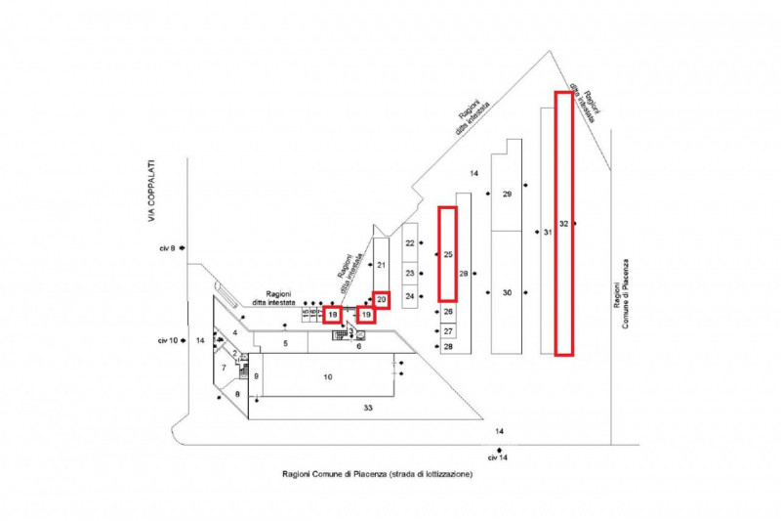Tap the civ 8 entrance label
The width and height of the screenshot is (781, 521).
coord(166,249)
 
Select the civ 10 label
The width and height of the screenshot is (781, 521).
coord(167,340)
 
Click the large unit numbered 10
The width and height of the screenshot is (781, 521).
coord(328,376)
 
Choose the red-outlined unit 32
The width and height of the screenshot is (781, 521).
coord(563,223)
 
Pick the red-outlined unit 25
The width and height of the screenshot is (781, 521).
coord(447,254)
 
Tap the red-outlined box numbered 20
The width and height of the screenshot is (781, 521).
coord(382,299)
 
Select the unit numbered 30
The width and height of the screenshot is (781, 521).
coord(507,292)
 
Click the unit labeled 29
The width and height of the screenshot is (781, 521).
coord(507,194)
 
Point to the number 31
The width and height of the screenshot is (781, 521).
coord(547,232)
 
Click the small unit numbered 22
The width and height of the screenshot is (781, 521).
coord(410,242)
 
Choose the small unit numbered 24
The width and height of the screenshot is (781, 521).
coord(410,295)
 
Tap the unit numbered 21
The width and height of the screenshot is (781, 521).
coord(382,265)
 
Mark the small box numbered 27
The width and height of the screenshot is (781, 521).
coord(448,331)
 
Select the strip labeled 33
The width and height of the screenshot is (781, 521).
coord(368,407)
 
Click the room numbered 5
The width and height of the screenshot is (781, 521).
coord(285,344)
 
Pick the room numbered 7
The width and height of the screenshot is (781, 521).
coord(225,368)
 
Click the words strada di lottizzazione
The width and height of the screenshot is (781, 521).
coord(429,474)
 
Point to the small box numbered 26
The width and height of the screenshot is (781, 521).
coord(448,312)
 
